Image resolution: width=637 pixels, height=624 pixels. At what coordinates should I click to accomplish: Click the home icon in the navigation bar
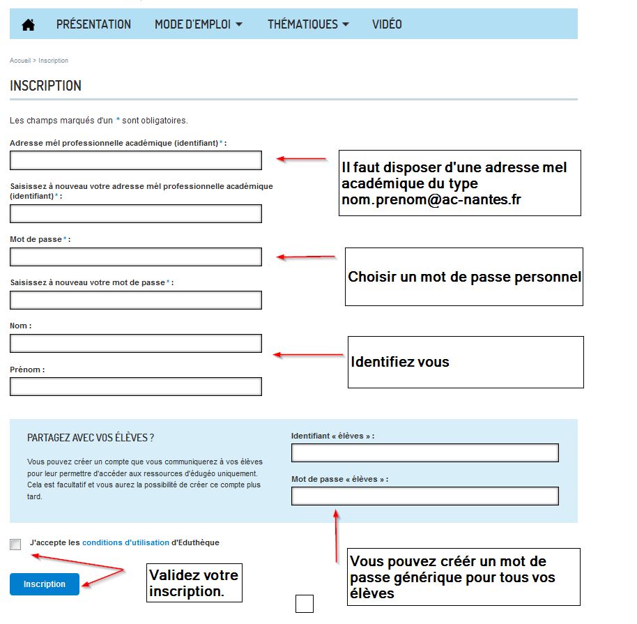click(28, 24)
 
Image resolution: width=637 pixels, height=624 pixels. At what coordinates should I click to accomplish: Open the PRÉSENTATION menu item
click(93, 24)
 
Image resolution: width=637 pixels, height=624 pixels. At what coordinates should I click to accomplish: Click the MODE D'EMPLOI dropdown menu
click(199, 24)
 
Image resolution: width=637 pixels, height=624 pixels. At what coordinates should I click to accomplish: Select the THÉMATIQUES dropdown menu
click(307, 24)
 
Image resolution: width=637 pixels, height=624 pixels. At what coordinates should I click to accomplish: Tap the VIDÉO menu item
click(387, 24)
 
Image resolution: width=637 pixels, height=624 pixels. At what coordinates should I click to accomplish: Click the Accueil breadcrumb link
click(20, 61)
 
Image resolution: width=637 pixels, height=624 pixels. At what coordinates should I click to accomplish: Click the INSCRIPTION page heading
click(45, 86)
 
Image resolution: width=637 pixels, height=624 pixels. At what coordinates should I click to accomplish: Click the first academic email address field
click(136, 160)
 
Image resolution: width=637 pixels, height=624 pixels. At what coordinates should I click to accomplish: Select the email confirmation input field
click(136, 213)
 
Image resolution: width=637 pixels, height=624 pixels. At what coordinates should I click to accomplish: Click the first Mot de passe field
click(136, 257)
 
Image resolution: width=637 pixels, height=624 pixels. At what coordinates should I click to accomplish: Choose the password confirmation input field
click(136, 300)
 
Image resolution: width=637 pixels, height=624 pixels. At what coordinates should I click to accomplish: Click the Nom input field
click(136, 343)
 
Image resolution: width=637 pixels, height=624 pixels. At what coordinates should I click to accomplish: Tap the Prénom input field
click(136, 386)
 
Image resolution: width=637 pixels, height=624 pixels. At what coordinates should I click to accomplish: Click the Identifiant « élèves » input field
click(425, 452)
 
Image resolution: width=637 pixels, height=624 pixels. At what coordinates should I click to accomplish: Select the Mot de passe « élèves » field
click(425, 496)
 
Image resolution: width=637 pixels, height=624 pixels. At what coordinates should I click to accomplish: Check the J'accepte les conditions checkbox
click(15, 545)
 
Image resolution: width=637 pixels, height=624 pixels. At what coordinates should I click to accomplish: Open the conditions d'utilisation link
click(125, 542)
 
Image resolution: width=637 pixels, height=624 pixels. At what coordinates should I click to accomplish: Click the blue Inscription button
click(45, 584)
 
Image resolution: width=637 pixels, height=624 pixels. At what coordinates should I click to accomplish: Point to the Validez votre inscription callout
click(194, 583)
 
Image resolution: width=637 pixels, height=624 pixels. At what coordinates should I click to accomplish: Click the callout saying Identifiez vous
click(465, 362)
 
